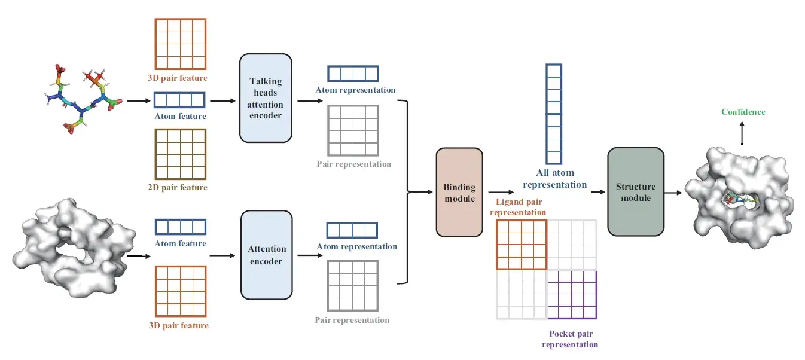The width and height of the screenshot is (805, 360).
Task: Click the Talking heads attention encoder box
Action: pos(266,98)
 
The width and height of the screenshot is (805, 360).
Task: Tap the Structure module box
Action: pos(635,192)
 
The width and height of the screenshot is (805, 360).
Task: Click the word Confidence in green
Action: pos(743,112)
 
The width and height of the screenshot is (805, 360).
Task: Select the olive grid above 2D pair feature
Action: pos(180,154)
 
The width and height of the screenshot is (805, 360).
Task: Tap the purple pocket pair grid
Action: pos(572,294)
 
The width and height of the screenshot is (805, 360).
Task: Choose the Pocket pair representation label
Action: pos(570,339)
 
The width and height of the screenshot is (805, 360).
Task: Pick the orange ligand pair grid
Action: pos(522,245)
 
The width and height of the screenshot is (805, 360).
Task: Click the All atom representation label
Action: pos(561,179)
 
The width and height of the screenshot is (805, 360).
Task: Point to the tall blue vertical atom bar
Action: pos(554,114)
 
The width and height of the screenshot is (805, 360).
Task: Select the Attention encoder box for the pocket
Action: pos(266,254)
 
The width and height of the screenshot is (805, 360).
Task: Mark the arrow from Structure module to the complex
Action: pos(673,193)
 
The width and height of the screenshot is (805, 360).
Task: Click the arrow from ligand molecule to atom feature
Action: pos(137,100)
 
